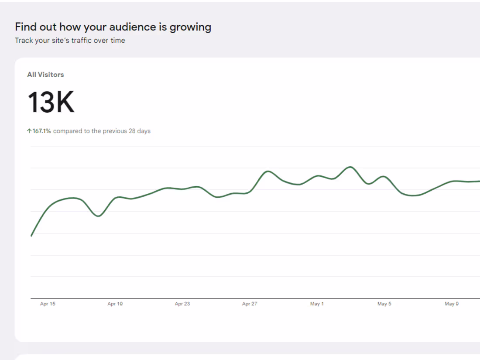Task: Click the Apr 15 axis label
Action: coord(48,304)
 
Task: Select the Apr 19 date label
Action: coord(115,304)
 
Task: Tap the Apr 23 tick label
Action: coord(182,304)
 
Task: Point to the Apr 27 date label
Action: coord(250,304)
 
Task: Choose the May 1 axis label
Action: coord(317,304)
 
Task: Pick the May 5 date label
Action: coord(384,304)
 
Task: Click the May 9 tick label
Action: coord(452,304)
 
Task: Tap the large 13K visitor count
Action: coord(51,103)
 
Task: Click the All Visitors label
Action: coord(45,75)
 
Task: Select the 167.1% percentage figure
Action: coord(42,131)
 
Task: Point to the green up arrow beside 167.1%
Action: coord(29,131)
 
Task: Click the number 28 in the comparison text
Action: coord(132,131)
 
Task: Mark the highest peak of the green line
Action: coord(350,167)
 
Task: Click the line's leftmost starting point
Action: coord(31,236)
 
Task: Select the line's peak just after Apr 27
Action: coord(267,171)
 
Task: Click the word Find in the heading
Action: coord(25,27)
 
